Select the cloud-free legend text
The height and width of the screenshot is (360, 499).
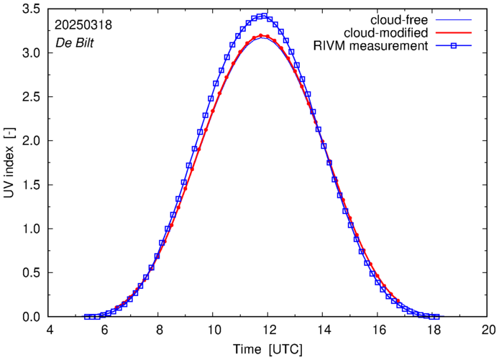[x=406, y=19]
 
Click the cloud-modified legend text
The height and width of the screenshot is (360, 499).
[x=387, y=32]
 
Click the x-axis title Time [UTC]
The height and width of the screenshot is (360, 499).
[x=267, y=349]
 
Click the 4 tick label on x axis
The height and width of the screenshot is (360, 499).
[x=49, y=331]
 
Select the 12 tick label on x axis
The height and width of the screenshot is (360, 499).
[x=268, y=331]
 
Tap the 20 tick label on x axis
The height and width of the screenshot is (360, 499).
[x=488, y=331]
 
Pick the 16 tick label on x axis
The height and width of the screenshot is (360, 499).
[x=378, y=331]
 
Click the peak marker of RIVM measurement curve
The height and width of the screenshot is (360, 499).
[x=264, y=15]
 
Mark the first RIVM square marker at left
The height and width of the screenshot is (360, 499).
[x=87, y=316]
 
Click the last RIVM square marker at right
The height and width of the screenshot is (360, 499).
[x=436, y=316]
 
